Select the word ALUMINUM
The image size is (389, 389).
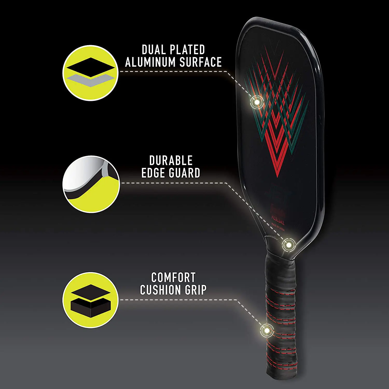pos(150,62)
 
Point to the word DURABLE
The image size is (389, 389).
pos(171,161)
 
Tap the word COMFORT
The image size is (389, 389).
pos(173,277)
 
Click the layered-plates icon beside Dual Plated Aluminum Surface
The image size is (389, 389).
pos(91,73)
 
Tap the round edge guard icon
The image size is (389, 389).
pos(91,184)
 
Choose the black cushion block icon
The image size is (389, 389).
pos(91,300)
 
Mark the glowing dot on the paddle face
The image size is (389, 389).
pos(257,102)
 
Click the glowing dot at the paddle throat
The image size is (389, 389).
pos(288,245)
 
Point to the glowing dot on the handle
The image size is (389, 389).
pos(267,330)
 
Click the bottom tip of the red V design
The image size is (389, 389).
pos(277,176)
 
